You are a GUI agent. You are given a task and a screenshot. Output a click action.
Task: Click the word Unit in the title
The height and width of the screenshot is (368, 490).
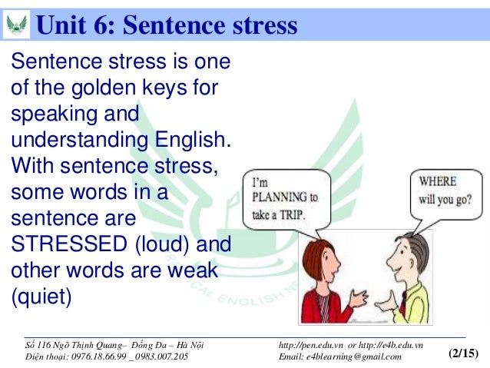[61, 25]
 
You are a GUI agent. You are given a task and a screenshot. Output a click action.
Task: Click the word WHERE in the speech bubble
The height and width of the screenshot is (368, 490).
[437, 181]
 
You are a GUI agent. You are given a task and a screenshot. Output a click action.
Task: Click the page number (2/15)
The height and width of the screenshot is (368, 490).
[462, 354]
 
